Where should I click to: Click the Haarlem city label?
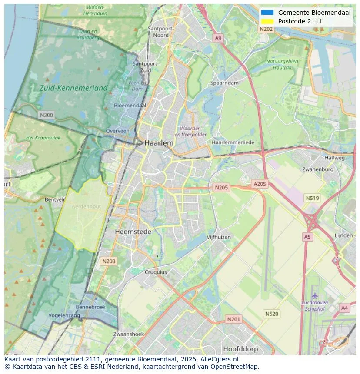point(159,143)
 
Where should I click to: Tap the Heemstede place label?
point(133,232)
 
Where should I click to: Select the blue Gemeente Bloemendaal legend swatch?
point(267,13)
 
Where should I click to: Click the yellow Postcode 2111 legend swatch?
point(267,21)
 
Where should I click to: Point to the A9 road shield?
point(218,39)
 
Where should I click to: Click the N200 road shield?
point(46,115)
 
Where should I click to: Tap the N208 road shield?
point(108,261)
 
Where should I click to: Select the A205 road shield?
point(260,184)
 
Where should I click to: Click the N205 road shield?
point(221,188)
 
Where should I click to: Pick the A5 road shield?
point(307,237)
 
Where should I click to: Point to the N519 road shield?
point(312,198)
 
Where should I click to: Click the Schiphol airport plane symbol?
point(315,295)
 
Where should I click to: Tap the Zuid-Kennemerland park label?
point(73,88)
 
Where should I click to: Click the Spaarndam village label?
point(224,83)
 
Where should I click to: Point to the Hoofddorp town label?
point(240,349)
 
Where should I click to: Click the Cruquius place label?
point(155,272)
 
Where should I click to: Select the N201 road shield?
point(233,319)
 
